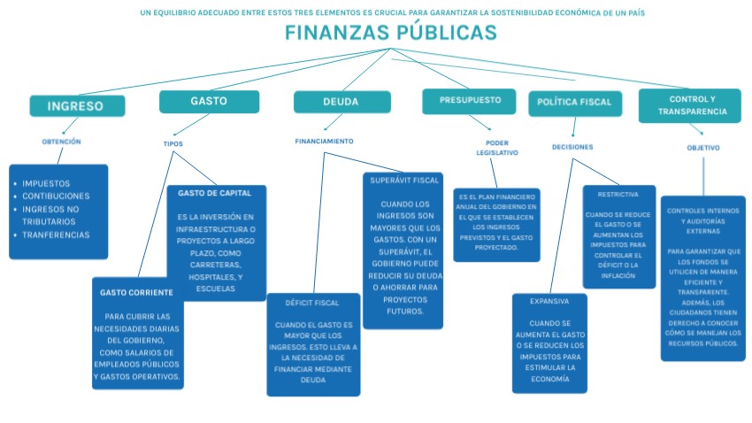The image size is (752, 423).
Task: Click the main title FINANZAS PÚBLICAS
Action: coord(390,34)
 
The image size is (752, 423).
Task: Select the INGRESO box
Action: coord(76,106)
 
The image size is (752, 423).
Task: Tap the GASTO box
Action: coord(209,102)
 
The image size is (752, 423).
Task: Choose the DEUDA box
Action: coord(341,103)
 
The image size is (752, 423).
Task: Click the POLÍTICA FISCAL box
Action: coord(576,103)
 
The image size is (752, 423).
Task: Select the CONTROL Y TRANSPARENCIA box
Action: coord(693,106)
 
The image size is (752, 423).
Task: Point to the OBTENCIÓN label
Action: coord(61,142)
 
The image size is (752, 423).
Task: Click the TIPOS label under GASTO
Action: coord(173,144)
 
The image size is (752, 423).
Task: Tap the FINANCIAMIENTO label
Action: coord(324,142)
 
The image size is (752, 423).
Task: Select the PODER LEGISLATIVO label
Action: coord(497,148)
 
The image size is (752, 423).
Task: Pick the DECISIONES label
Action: coord(572,147)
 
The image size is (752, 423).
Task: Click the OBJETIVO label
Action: coord(703,149)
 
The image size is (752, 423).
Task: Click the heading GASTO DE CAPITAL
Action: coord(215,193)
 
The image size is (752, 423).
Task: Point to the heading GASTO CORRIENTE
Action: coord(136,292)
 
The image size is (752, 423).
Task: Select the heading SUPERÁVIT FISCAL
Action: coord(403,181)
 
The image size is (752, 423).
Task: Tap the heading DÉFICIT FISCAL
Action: coord(312,304)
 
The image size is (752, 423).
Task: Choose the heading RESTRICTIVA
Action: coord(618,194)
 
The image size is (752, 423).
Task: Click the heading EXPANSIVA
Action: coord(549,302)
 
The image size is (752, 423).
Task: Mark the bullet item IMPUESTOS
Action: coord(46,183)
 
